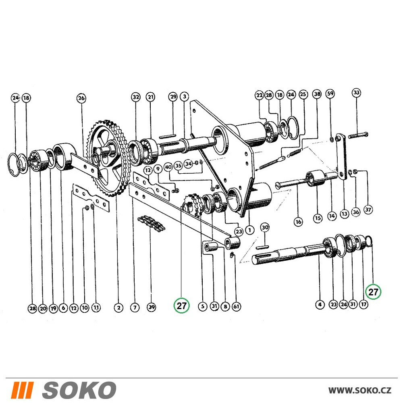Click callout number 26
[81, 98]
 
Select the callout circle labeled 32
[136, 97]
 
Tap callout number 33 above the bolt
[356, 93]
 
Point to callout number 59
[331, 93]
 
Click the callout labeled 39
[152, 307]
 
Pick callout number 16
[298, 222]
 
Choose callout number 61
[236, 306]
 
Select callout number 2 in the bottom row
[118, 307]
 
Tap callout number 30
[265, 227]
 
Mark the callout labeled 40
[168, 167]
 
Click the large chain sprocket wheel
[108, 158]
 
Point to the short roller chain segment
[152, 222]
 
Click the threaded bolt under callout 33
[359, 135]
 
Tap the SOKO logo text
[79, 390]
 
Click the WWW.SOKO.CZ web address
[360, 391]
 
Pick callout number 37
[368, 210]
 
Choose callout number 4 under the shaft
[320, 305]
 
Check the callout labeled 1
[249, 230]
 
